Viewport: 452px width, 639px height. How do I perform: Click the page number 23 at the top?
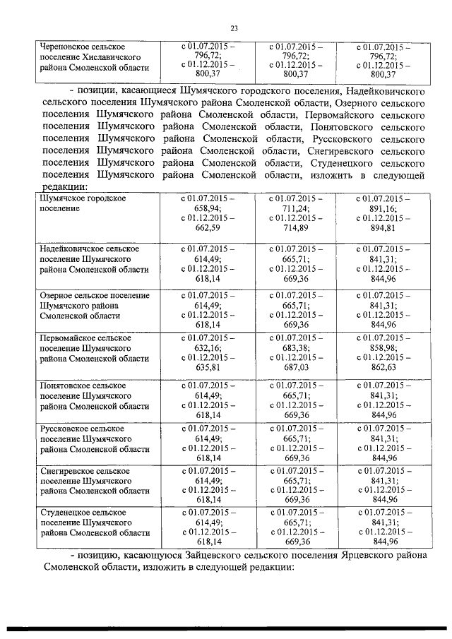234,28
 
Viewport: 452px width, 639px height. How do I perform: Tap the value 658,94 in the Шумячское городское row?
208,209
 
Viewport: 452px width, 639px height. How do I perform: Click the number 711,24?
297,209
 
